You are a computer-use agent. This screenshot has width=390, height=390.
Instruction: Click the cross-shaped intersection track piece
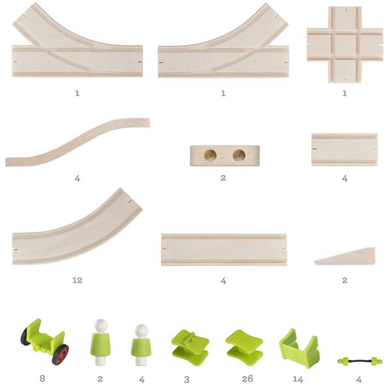[344, 45]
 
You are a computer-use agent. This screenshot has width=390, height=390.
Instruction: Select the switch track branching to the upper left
[77, 60]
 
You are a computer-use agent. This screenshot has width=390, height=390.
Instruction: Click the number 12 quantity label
[77, 280]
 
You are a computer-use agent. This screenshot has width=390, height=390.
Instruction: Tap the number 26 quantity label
[248, 378]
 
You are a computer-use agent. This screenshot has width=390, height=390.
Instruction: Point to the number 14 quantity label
[298, 379]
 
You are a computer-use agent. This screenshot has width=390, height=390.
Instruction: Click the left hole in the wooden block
[210, 155]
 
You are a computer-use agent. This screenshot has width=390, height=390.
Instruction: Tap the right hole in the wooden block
[239, 155]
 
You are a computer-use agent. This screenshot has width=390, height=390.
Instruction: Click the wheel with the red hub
[60, 355]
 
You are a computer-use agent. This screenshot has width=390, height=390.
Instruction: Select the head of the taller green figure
[101, 325]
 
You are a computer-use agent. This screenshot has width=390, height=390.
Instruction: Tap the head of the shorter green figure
[141, 330]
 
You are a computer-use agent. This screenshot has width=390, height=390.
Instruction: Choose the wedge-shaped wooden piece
[345, 256]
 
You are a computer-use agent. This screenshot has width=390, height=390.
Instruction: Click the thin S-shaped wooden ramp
[77, 142]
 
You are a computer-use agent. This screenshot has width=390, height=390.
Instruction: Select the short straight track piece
[344, 149]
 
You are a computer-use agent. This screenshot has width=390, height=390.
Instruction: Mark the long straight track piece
[224, 250]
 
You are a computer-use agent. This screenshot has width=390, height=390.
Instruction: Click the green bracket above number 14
[300, 348]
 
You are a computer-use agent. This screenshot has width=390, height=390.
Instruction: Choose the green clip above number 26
[244, 348]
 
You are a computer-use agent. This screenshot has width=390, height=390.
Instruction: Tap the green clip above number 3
[190, 348]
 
